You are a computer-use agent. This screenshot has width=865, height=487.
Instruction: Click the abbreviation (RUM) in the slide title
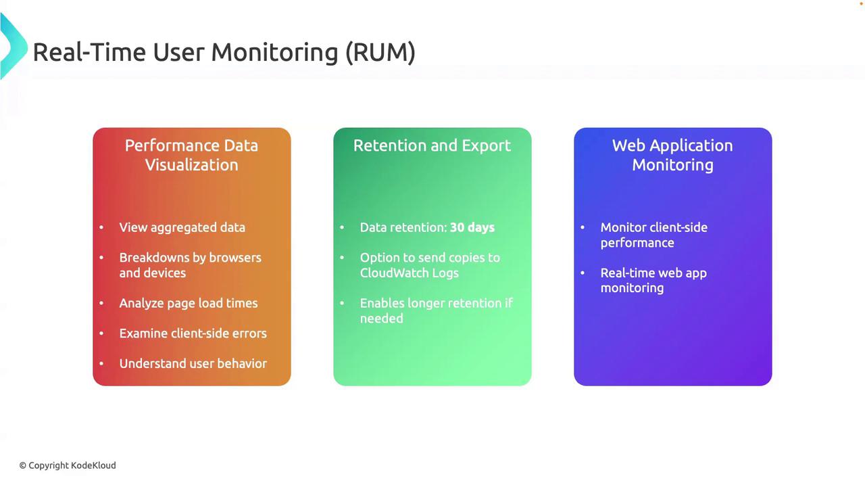[x=380, y=52]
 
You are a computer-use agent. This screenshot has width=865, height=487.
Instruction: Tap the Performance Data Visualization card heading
[x=191, y=155]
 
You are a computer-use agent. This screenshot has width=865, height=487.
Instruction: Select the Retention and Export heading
[x=432, y=145]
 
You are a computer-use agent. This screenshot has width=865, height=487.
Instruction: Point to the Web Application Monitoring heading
[x=672, y=155]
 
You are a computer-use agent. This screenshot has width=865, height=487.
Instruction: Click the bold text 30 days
[x=472, y=227]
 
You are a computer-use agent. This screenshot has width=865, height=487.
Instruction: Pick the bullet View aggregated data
[x=182, y=227]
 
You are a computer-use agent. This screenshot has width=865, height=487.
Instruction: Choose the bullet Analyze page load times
[x=188, y=303]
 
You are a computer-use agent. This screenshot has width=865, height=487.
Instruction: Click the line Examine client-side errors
[x=193, y=333]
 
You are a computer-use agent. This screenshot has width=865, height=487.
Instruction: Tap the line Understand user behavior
[x=193, y=363]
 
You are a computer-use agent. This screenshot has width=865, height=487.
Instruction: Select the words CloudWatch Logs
[x=409, y=273]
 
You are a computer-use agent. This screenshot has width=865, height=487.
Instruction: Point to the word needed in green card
[x=381, y=319]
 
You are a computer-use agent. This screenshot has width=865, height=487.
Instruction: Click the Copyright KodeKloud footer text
[x=68, y=465]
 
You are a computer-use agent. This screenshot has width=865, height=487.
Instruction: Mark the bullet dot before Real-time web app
[x=583, y=273]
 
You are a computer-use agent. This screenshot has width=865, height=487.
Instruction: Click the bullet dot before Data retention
[x=342, y=227]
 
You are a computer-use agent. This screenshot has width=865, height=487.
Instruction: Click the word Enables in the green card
[x=382, y=303]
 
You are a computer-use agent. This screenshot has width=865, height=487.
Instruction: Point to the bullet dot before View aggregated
[x=101, y=227]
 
